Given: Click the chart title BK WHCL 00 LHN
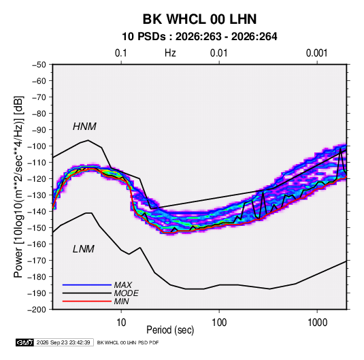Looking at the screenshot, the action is [199, 19].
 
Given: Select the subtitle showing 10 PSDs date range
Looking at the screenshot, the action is [199, 37].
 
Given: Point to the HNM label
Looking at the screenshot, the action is [84, 127].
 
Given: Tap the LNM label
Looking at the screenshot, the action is [84, 249].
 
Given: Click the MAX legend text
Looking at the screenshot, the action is [123, 285].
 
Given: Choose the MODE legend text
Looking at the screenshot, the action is [127, 293].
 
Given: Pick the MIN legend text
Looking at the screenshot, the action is [121, 301].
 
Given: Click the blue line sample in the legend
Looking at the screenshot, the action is [87, 285].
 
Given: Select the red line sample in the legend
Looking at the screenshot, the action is [87, 301].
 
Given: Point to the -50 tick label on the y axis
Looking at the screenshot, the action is [39, 65].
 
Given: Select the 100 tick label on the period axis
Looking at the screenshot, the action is [219, 323].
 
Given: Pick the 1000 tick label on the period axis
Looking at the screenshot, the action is [317, 323].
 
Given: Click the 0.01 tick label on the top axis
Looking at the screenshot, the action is [218, 53].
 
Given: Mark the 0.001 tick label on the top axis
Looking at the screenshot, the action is [316, 53].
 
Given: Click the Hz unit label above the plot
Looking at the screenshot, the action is [170, 53].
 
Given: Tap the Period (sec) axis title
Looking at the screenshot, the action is [170, 330].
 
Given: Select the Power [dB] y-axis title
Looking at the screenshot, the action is [18, 187].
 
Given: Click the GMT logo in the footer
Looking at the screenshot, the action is [24, 342].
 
